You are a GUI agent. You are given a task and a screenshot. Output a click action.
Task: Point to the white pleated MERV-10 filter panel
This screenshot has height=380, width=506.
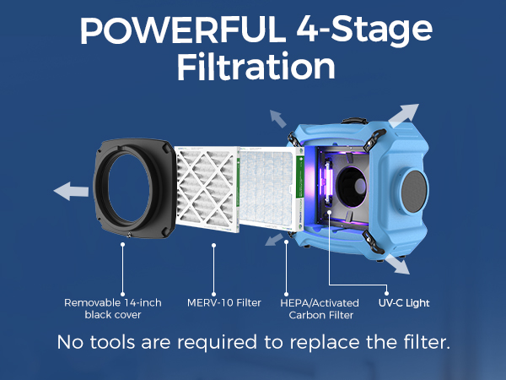(207, 190)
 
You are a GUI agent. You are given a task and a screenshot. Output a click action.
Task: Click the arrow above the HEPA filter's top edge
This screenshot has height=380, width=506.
(276, 117)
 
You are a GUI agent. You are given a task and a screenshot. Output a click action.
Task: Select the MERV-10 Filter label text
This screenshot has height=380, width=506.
(223, 302)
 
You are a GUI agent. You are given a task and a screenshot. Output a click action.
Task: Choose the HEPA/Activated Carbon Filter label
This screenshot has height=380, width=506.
(319, 308)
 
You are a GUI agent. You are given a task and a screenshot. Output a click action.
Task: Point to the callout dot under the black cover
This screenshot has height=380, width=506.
(123, 246)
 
